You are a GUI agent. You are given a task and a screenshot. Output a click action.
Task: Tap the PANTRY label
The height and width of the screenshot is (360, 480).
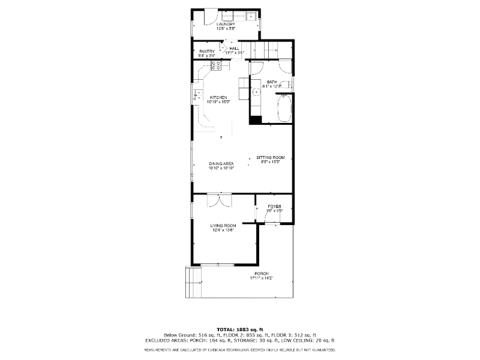click(207, 51)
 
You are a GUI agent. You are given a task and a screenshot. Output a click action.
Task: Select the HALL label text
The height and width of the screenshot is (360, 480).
click(234, 48)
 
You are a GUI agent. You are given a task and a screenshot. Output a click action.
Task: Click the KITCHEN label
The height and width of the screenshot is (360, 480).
click(218, 97)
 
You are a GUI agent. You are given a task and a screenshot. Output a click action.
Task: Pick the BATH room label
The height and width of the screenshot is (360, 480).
click(272, 82)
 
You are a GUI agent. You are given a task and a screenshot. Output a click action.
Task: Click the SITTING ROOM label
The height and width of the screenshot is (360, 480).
click(270, 157)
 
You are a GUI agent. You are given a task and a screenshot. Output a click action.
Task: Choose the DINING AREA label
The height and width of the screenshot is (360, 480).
click(221, 163)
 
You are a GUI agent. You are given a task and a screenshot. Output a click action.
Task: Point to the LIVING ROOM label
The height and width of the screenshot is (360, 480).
click(221, 226)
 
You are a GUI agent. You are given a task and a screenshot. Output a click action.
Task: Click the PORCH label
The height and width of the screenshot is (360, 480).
click(262, 274)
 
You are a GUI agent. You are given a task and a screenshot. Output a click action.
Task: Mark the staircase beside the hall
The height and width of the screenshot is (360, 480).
click(263, 49)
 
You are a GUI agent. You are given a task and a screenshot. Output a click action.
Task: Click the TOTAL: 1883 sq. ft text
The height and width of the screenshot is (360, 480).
click(240, 329)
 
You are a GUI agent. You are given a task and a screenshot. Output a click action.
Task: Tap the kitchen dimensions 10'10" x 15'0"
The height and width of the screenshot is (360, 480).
click(218, 102)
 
